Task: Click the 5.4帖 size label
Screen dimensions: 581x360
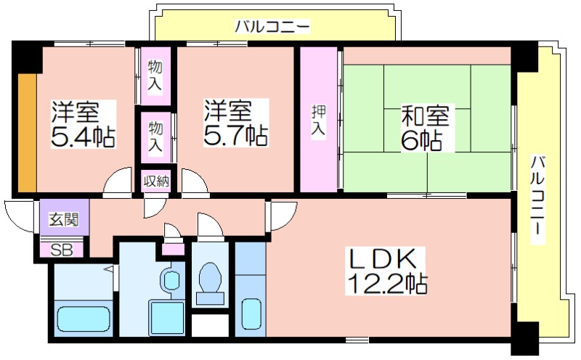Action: pyautogui.click(x=83, y=136)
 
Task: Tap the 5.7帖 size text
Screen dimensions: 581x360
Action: pyautogui.click(x=235, y=136)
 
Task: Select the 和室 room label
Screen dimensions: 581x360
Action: pyautogui.click(x=426, y=115)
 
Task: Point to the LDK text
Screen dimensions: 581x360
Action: pyautogui.click(x=384, y=258)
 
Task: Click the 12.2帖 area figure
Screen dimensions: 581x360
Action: pyautogui.click(x=386, y=284)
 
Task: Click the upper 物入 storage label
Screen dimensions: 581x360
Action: pyautogui.click(x=155, y=75)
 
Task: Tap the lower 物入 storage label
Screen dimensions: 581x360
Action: pyautogui.click(x=155, y=136)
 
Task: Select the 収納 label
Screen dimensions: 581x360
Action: pyautogui.click(x=156, y=181)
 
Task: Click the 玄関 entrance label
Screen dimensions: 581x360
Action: pyautogui.click(x=65, y=220)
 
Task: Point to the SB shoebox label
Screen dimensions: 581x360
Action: pyautogui.click(x=61, y=250)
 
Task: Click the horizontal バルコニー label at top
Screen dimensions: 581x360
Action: pyautogui.click(x=272, y=27)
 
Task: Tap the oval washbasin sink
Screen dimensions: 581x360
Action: pyautogui.click(x=171, y=279)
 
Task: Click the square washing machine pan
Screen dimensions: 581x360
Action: pyautogui.click(x=166, y=317)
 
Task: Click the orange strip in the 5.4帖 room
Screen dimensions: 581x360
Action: pyautogui.click(x=28, y=133)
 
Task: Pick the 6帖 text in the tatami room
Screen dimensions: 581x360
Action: pyautogui.click(x=421, y=140)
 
